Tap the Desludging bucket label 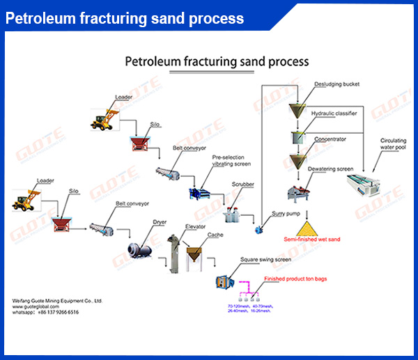336,85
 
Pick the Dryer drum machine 138,247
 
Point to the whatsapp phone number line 45,313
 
